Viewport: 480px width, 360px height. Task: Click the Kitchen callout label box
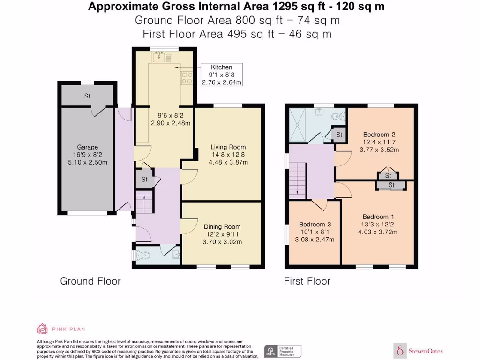[x=222, y=75]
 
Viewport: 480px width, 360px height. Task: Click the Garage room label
[x=88, y=147]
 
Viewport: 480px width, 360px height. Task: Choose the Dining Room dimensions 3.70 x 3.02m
[x=222, y=242]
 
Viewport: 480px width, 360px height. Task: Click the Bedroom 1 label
[x=378, y=217]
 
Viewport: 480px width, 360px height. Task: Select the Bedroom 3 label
[x=314, y=224]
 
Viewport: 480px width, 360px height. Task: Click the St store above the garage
[x=87, y=97]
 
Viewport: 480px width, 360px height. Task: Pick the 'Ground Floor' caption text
[x=90, y=281]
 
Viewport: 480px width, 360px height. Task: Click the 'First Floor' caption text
[x=307, y=281]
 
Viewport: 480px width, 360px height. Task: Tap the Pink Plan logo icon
[x=42, y=329]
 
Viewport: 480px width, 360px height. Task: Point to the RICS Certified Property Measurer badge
[x=282, y=351]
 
